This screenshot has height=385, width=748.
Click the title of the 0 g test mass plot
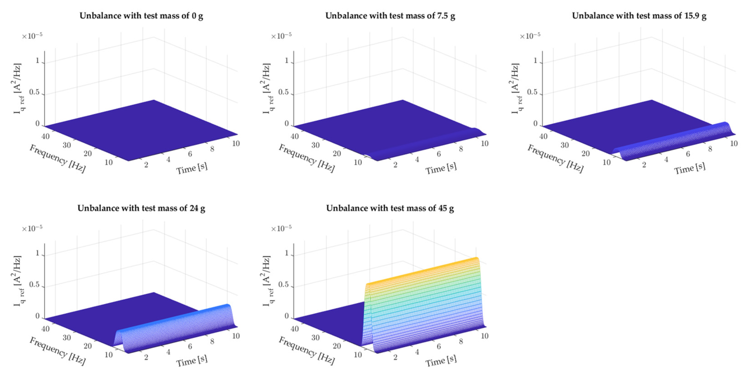pos(142,16)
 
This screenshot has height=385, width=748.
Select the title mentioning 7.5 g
pos(390,16)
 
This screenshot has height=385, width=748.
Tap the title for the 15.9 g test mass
pos(639,16)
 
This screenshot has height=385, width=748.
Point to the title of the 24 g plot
pos(142,208)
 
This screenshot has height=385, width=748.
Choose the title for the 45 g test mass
pos(390,208)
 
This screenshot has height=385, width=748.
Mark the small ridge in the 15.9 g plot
pos(674,140)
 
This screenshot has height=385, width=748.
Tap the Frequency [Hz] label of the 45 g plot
pos(307,351)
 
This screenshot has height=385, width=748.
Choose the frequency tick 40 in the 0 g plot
pos(46,136)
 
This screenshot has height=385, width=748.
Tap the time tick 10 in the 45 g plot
pos(484,336)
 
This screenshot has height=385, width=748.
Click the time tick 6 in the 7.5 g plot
pos(439,154)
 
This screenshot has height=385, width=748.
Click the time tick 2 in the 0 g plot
pos(146,165)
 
